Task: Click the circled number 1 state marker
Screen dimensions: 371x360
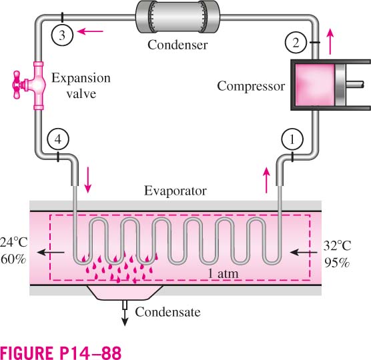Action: pos(292,139)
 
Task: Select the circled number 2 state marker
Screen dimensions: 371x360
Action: pos(296,43)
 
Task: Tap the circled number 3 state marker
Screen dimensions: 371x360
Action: pos(62,35)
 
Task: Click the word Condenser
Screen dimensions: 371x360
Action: pos(177,45)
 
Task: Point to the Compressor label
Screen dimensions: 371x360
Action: pos(251,86)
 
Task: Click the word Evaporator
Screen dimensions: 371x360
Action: pos(175,191)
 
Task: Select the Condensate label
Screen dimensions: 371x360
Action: pos(167,312)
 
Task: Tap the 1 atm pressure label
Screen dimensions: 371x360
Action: pos(223,274)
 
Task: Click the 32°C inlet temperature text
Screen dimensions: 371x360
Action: pos(337,246)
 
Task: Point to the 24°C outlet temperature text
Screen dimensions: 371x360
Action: pos(14,243)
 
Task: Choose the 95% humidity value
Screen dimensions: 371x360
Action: pos(337,263)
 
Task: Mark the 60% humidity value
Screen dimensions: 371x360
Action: pos(13,259)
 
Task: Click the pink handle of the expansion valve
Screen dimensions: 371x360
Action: pos(17,85)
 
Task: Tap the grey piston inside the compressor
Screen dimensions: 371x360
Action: pos(340,85)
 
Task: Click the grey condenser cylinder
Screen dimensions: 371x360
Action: pos(177,17)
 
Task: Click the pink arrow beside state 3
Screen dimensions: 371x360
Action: pos(90,31)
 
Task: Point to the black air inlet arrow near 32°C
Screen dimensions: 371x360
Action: pos(304,253)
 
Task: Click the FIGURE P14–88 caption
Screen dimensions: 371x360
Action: pos(61,352)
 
